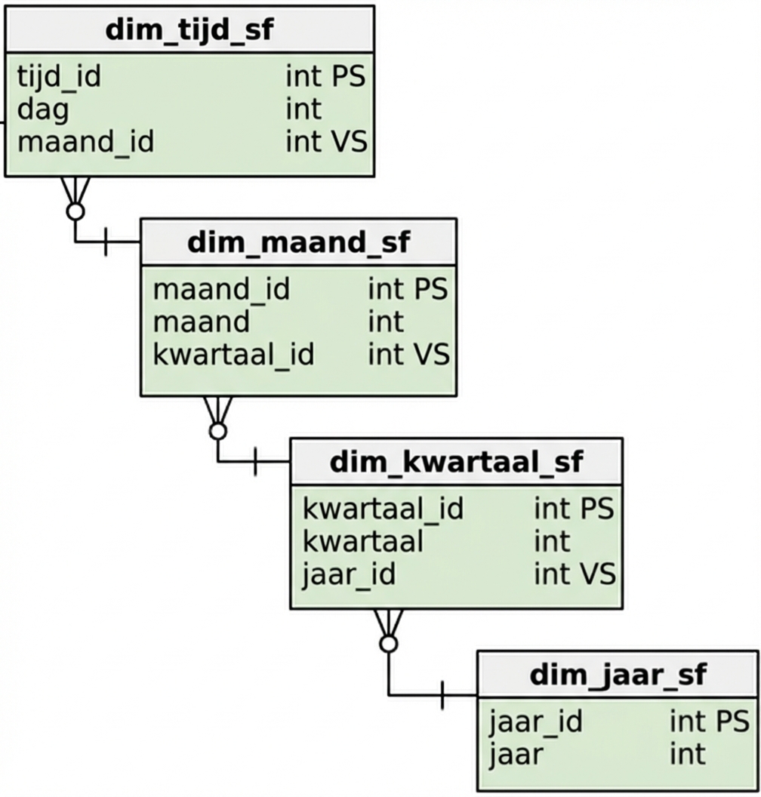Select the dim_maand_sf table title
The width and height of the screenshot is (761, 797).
coord(298,242)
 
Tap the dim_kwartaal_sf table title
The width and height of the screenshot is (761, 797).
coord(456,461)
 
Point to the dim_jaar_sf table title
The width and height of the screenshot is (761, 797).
coord(618,674)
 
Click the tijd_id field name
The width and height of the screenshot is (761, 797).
coord(59,77)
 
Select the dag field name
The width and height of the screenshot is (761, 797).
coord(42,109)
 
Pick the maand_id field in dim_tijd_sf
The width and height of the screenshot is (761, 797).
coord(85,142)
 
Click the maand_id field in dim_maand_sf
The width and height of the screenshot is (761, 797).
coord(221,290)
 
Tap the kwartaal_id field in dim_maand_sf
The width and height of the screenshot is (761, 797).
coord(233,355)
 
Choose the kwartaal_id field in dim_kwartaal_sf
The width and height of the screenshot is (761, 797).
coord(383,509)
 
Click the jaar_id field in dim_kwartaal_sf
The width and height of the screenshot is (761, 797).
coord(348,574)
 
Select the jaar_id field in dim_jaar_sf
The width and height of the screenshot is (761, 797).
coord(535,722)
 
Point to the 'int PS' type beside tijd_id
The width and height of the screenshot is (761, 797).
coord(325,77)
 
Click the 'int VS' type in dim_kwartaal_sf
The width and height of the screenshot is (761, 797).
coord(575,574)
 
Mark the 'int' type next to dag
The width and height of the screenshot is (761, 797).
coord(303,109)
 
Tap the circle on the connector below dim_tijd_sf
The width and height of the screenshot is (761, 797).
coord(75,211)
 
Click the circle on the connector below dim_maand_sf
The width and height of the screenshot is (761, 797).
coord(218,431)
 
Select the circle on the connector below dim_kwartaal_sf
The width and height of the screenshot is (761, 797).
coord(388,644)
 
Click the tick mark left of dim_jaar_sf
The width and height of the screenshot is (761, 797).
coord(442,694)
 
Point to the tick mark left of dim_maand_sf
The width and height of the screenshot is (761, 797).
coord(105,242)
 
